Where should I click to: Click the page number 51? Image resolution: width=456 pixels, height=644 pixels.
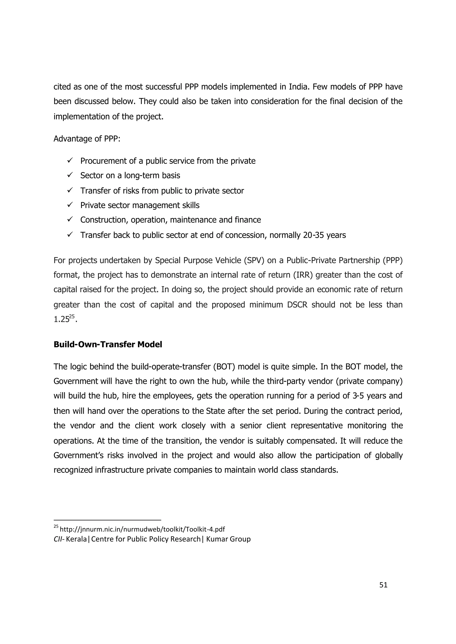pyautogui.click(x=383, y=585)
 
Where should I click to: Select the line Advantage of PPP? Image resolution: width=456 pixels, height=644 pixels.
pyautogui.click(x=87, y=139)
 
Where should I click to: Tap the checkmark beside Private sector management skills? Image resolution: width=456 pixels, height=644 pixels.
pyautogui.click(x=70, y=205)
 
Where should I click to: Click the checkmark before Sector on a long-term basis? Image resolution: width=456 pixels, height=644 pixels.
pyautogui.click(x=70, y=175)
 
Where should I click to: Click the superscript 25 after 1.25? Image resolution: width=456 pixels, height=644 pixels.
pyautogui.click(x=72, y=317)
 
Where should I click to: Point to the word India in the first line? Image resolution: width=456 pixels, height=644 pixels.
pyautogui.click(x=299, y=87)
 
